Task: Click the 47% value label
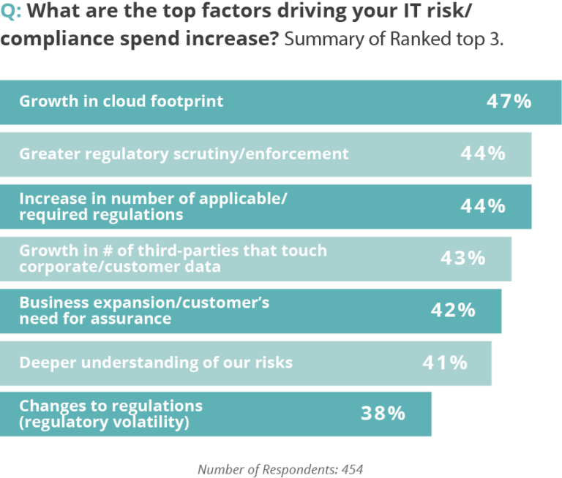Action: point(509,102)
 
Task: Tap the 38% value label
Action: point(383,414)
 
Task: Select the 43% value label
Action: point(462,258)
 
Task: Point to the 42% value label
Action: point(452,310)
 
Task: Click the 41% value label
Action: point(445,362)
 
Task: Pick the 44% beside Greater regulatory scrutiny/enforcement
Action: point(482,153)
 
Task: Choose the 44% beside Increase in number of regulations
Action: point(482,206)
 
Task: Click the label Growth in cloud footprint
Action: point(121,101)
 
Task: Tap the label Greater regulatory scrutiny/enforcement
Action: point(184,153)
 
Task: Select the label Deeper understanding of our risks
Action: point(156,362)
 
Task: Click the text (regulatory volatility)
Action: point(105,422)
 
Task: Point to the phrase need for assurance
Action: point(95,319)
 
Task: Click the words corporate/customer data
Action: point(120,267)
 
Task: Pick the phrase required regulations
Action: point(101,215)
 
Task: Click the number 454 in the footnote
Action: point(351,468)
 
